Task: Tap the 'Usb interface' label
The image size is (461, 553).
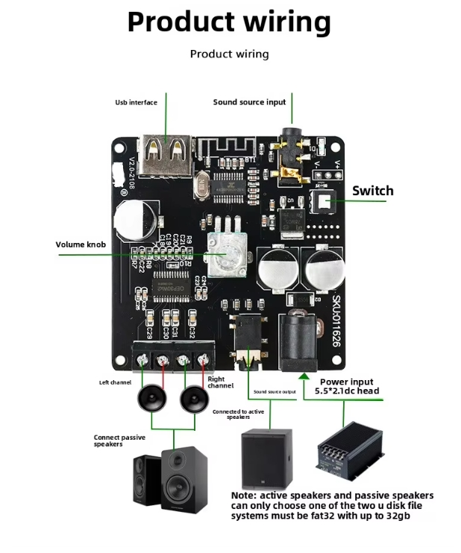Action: pos(136,102)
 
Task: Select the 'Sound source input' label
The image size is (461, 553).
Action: pos(249,102)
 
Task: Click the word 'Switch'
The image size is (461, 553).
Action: pos(372,191)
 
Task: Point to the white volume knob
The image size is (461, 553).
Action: pos(222,255)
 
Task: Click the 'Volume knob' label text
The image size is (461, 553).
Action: pos(81,244)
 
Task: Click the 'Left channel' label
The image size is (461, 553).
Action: pos(115,382)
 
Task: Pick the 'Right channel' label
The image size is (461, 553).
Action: pos(221,382)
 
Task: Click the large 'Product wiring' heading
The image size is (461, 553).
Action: pos(229,22)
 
